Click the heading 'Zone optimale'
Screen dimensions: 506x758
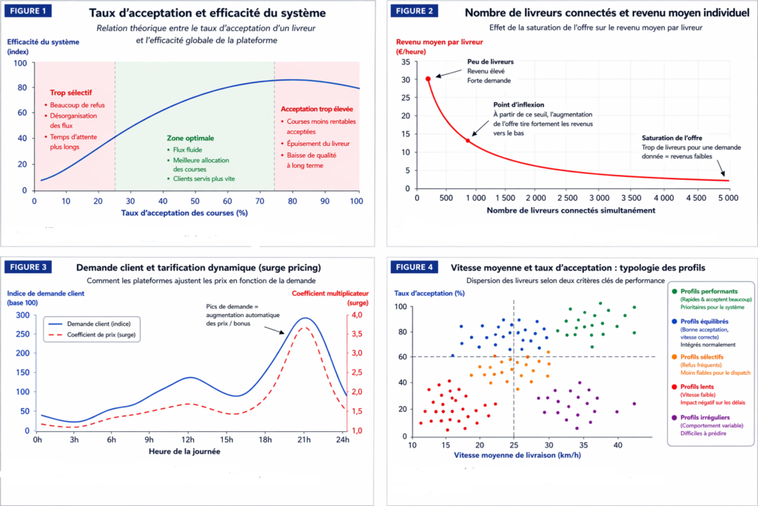coord(190,138)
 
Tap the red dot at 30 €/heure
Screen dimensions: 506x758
coord(428,78)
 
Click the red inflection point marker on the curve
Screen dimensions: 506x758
coord(467,140)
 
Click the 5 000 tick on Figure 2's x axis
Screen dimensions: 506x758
coord(728,199)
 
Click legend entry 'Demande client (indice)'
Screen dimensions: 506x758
coord(89,323)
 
